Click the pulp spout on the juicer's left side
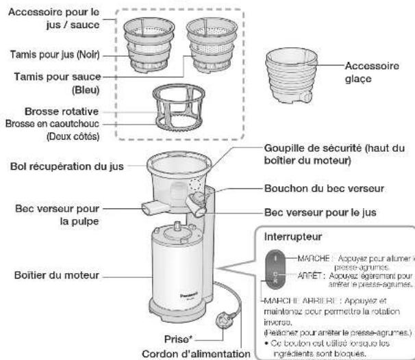coord(150,207)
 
